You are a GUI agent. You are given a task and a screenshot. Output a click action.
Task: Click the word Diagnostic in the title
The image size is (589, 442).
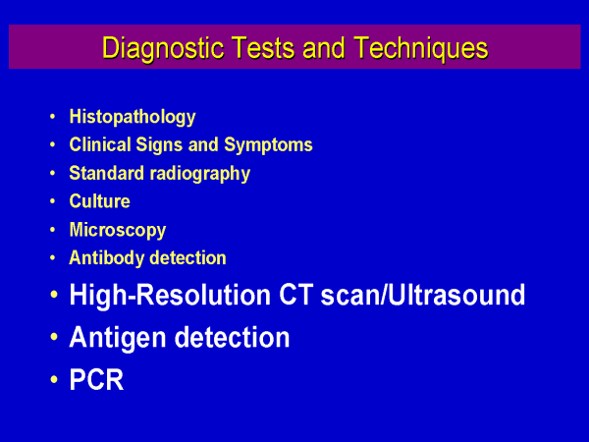click(163, 48)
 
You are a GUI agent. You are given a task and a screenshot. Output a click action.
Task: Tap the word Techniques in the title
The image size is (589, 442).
click(421, 48)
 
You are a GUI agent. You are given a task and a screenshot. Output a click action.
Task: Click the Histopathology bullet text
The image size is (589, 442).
click(133, 117)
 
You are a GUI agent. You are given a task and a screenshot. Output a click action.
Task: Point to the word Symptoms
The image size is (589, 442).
click(268, 145)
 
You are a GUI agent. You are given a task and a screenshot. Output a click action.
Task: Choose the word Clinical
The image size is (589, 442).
click(100, 144)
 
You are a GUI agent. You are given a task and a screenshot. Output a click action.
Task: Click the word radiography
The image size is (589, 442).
click(200, 174)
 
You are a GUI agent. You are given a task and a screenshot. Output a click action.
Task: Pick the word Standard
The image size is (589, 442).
click(107, 173)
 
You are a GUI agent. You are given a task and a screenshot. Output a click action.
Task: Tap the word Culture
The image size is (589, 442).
click(99, 201)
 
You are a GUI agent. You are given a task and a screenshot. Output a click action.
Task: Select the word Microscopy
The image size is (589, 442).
click(118, 231)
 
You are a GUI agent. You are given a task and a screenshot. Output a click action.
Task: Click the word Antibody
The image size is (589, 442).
click(106, 258)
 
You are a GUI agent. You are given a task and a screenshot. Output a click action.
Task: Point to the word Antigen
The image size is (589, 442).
click(118, 338)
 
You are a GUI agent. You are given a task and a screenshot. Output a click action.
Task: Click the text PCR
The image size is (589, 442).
click(96, 379)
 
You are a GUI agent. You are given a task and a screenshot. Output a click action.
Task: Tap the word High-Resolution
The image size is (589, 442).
click(170, 296)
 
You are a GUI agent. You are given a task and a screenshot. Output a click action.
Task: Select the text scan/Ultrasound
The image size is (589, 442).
click(422, 295)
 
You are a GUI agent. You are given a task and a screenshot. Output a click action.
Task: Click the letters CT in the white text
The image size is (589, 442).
click(295, 295)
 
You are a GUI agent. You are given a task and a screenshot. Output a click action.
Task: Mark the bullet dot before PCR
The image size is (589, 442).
click(54, 379)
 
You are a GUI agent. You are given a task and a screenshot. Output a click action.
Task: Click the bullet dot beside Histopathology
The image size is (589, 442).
click(53, 117)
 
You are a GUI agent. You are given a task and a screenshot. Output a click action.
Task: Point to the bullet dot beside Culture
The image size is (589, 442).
click(53, 201)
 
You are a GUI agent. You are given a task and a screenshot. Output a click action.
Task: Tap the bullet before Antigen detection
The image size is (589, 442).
click(54, 337)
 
